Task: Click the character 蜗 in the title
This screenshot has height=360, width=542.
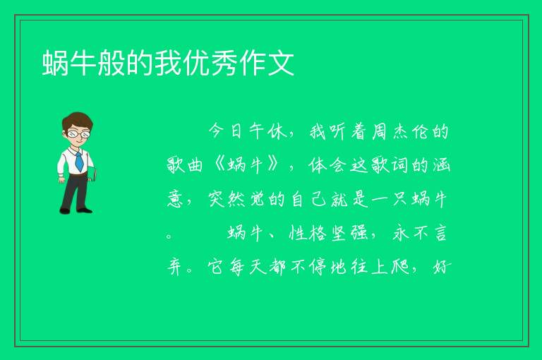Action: [55, 63]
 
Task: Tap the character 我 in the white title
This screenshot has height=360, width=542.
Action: [168, 63]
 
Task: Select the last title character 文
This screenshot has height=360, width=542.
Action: [281, 63]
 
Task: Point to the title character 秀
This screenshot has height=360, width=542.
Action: [224, 63]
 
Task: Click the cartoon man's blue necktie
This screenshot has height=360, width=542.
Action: [79, 161]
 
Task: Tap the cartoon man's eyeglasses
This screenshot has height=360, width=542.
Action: [78, 133]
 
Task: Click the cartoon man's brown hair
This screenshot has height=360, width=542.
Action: [78, 120]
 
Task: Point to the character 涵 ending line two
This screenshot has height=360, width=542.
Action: [441, 165]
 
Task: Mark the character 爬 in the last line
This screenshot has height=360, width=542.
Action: [400, 267]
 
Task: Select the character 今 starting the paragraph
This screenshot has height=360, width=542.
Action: [217, 131]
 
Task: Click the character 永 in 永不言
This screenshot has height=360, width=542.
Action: [400, 233]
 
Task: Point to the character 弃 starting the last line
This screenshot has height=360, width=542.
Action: [175, 267]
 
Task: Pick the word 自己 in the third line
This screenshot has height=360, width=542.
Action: [308, 199]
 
